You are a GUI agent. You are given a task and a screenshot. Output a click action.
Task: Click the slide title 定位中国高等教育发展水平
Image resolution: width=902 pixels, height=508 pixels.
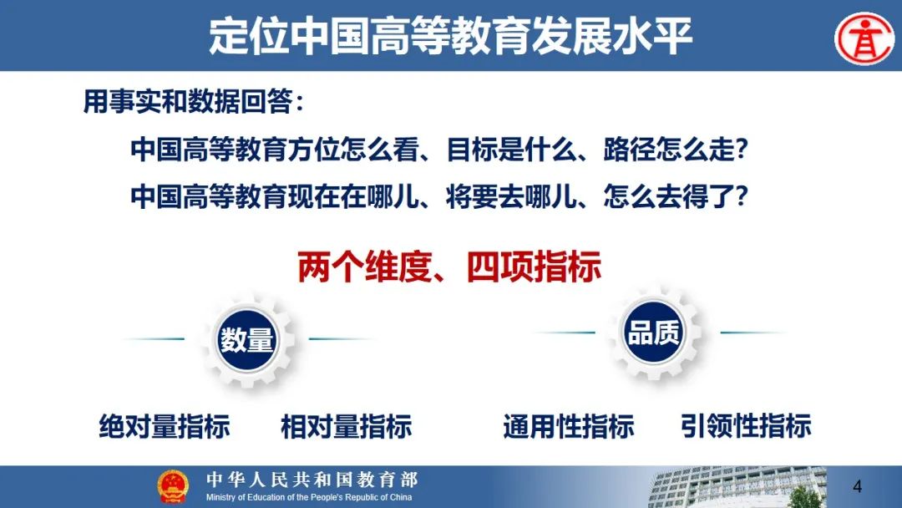point(450,36)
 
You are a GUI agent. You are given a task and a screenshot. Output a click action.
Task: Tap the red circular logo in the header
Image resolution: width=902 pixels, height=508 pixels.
point(864,38)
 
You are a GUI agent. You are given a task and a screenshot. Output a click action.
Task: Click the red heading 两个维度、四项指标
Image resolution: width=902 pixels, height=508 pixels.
point(449,267)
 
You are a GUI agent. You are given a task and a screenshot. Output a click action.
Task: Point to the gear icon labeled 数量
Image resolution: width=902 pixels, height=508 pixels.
point(247,339)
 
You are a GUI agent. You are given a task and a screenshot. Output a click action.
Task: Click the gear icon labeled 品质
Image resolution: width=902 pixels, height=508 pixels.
point(653,333)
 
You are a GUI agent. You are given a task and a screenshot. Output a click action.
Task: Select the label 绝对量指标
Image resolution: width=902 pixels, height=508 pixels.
point(165,426)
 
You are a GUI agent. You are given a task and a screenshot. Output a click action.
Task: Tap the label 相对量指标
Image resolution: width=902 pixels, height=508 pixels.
point(347,426)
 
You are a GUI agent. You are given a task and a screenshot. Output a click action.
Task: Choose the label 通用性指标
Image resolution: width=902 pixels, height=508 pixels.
point(569,426)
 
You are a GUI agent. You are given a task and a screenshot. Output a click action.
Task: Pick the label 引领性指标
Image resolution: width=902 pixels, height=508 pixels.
point(746,426)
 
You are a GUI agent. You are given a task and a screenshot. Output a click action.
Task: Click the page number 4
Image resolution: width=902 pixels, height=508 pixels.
point(857,487)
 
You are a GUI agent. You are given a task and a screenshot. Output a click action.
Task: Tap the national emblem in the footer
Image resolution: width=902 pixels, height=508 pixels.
point(173,486)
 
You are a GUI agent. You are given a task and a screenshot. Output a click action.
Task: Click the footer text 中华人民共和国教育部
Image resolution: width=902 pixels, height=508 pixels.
point(312,479)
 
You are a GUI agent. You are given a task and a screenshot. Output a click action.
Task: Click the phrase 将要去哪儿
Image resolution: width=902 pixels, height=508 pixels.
point(511,196)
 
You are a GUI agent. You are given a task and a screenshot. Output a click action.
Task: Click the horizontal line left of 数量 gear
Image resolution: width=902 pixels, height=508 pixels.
point(155,339)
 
